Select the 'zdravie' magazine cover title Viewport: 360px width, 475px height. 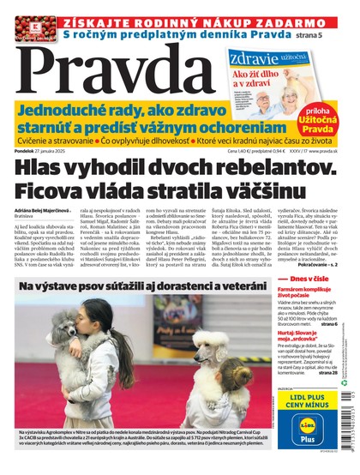[255, 58]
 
